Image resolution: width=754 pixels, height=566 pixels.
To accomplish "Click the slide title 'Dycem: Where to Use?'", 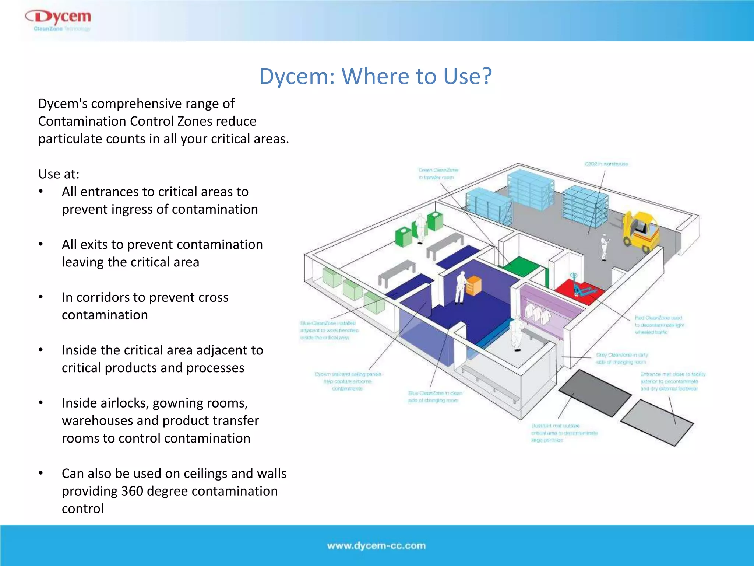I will [376, 76].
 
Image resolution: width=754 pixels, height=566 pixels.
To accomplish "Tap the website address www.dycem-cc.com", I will [376, 546].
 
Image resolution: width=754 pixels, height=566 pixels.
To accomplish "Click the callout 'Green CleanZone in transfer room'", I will [438, 174].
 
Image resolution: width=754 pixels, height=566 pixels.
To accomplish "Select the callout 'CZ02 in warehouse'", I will [606, 164].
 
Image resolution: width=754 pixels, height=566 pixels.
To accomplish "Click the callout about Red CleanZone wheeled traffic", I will [659, 325].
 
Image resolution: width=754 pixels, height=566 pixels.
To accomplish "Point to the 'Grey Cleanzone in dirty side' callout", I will [622, 358].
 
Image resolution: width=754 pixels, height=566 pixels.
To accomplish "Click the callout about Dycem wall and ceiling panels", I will [348, 381].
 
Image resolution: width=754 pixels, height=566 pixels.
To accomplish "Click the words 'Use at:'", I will [59, 174].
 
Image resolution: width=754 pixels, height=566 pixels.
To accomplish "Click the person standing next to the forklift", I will [604, 247].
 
